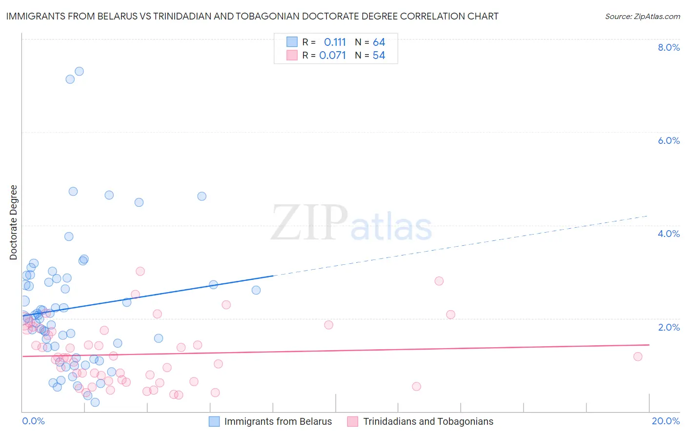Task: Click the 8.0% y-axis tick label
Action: point(668,47)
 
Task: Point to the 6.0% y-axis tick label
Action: point(668,140)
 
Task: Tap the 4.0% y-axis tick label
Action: point(668,234)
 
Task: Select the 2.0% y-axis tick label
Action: point(668,327)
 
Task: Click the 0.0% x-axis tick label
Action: point(33,421)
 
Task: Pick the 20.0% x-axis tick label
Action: point(666,421)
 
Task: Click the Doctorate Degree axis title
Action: point(14,222)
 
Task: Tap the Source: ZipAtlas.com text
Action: point(642,16)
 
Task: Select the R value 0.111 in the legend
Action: point(335,42)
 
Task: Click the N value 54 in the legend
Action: point(379,56)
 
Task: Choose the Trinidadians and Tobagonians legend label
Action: point(428,421)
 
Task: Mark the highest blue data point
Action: point(79,71)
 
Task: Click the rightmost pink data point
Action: point(638,356)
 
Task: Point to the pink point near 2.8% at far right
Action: point(439,281)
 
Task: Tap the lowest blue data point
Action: point(95,402)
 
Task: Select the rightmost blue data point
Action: point(256,290)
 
